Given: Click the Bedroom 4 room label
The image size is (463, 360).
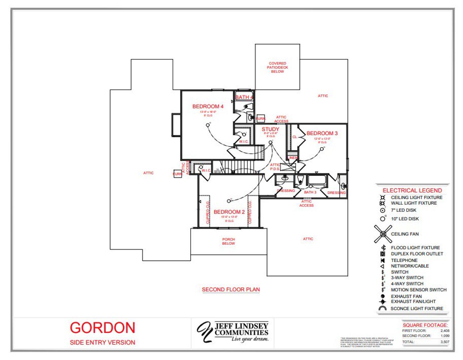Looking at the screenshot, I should click(x=208, y=106).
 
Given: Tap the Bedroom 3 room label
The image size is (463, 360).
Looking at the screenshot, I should click(x=322, y=133).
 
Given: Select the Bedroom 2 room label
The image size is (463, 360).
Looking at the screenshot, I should click(x=229, y=212).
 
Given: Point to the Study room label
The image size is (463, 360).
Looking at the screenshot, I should click(x=270, y=129).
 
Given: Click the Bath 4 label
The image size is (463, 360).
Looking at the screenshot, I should click(x=244, y=97).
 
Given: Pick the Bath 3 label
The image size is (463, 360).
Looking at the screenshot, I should click(x=310, y=192).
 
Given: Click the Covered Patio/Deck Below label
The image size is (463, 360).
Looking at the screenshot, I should click(x=277, y=67).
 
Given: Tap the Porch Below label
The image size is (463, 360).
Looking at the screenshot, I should click(x=228, y=241).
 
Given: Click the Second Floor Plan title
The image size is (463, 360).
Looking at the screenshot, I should click(x=231, y=289).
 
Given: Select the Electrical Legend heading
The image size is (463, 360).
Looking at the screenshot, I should click(x=412, y=190).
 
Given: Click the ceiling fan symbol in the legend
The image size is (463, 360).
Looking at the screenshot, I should click(x=383, y=234).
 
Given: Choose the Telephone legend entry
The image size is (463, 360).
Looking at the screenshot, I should click(x=404, y=260).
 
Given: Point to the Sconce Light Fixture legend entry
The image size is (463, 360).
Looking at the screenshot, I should click(x=417, y=309).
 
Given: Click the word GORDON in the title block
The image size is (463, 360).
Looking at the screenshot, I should click(x=102, y=328).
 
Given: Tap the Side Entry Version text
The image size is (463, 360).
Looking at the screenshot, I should click(x=102, y=342).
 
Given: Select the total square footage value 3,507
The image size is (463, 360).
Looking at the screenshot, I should click(x=445, y=342).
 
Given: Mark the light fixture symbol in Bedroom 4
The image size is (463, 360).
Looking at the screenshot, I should click(x=208, y=125).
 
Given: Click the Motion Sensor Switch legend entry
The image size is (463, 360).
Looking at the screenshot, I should click(x=419, y=290).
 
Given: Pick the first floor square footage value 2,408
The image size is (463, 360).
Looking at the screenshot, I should click(x=445, y=331).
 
